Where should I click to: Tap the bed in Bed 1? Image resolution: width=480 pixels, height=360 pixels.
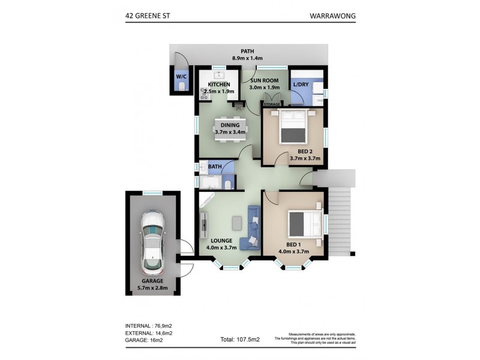click(x=304, y=224)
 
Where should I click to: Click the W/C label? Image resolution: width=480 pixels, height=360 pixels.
click(x=181, y=77)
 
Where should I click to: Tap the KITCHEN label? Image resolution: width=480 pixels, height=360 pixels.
click(x=220, y=85)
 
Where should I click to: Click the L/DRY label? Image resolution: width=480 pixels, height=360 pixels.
click(x=301, y=85)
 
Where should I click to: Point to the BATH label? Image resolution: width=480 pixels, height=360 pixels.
click(x=215, y=167)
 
